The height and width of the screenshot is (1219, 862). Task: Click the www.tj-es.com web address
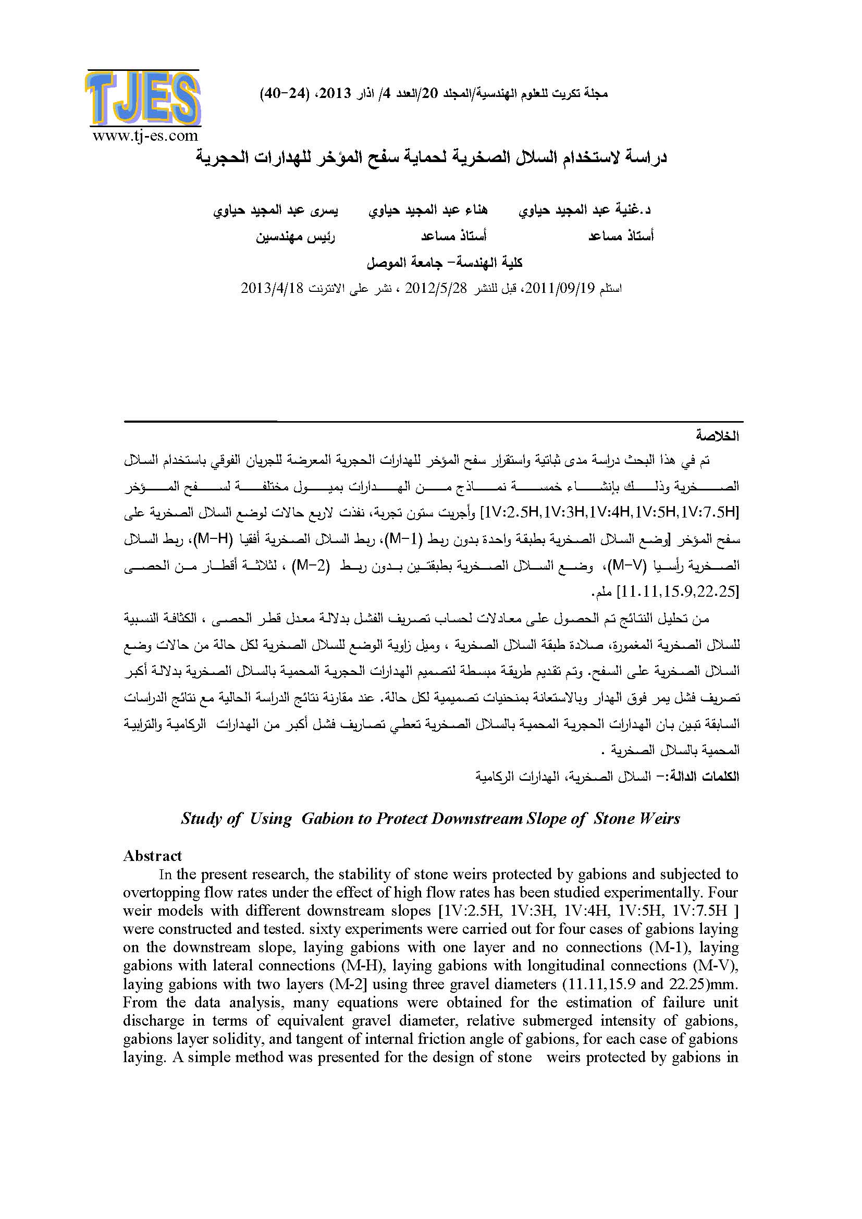coord(145,136)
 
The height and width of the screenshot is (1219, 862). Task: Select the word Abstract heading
coord(152,856)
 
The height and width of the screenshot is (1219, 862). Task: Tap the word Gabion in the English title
coord(327,818)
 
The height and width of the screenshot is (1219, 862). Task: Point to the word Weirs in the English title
coord(659,818)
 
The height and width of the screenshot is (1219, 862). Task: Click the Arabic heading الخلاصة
coord(718,436)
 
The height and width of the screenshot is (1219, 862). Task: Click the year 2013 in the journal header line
coord(336,94)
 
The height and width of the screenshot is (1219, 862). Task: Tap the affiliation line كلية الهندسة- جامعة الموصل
coord(445,263)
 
